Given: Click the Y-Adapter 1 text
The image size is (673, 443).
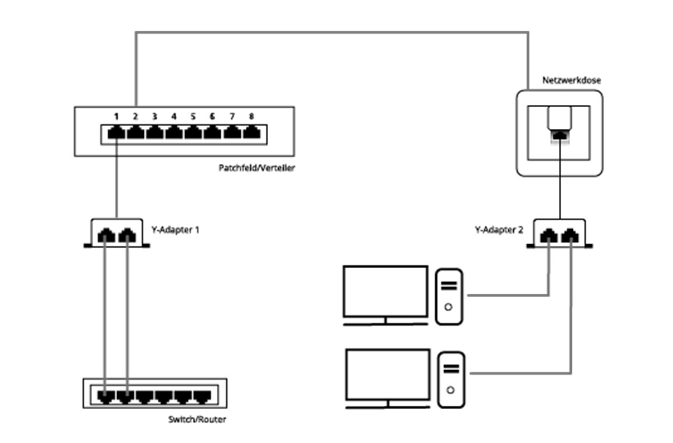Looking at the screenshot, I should [176, 230].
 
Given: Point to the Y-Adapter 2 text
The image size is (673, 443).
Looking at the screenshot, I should [499, 230].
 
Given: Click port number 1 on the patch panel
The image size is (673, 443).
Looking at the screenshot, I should [117, 132].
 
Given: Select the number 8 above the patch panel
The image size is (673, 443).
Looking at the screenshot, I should [251, 116].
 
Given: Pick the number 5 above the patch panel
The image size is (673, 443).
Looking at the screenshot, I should [193, 116].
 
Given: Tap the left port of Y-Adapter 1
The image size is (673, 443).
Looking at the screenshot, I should [105, 235].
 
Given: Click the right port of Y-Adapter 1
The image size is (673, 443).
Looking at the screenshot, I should [126, 235].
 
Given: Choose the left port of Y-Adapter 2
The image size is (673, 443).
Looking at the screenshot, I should [549, 235].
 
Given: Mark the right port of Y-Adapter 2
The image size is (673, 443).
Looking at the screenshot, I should [570, 235].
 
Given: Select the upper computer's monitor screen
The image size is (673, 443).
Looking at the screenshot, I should [385, 291].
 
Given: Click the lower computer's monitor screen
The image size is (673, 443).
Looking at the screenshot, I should [387, 373].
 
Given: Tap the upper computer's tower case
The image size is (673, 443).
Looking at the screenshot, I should [449, 296].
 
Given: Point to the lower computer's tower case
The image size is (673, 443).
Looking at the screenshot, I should [450, 379].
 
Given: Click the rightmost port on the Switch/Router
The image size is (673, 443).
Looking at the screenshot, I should [202, 397].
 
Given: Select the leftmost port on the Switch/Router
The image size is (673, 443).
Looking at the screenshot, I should [105, 397].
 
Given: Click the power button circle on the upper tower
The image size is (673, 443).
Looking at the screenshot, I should [448, 307].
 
